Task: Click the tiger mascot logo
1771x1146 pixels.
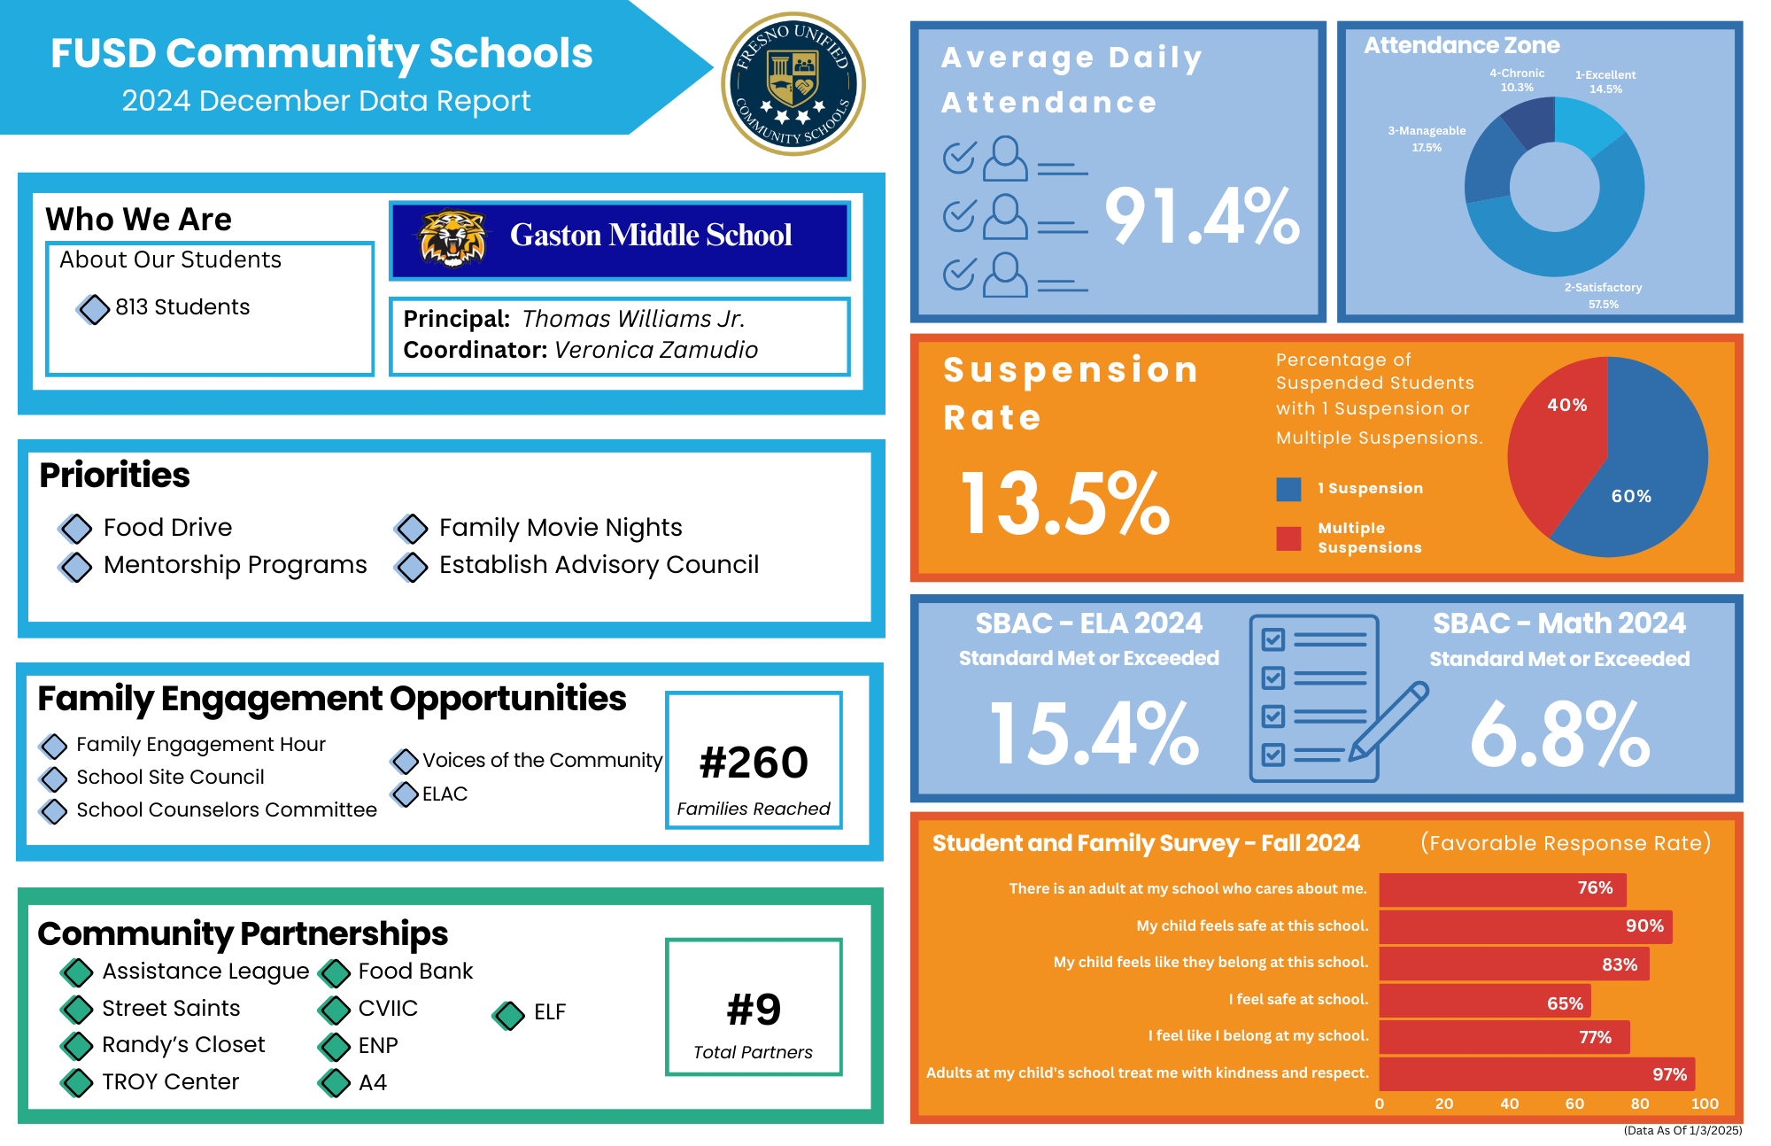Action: (x=452, y=238)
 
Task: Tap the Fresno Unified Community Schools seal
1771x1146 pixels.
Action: (x=793, y=84)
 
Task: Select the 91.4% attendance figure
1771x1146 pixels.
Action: (x=1202, y=216)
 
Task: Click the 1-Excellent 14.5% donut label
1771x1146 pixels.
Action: (x=1605, y=81)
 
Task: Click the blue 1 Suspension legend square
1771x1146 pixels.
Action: (x=1288, y=489)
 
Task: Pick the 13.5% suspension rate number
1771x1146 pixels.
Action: (x=1065, y=503)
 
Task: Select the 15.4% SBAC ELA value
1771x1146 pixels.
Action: (x=1094, y=732)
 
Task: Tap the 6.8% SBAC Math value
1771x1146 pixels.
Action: (x=1559, y=734)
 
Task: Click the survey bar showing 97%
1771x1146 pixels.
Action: (x=1536, y=1073)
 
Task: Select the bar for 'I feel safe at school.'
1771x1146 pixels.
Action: (x=1484, y=1001)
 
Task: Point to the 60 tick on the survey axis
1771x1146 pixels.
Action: (x=1574, y=1103)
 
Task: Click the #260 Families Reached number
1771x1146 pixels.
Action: (x=754, y=763)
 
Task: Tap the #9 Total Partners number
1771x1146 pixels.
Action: (x=754, y=1009)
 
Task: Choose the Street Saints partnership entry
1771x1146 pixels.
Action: (x=171, y=1008)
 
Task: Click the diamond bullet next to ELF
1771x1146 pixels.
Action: (x=508, y=1015)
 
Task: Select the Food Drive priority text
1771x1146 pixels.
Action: (x=167, y=527)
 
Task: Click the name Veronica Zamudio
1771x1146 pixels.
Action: (x=656, y=350)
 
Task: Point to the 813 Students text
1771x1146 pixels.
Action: (x=182, y=306)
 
